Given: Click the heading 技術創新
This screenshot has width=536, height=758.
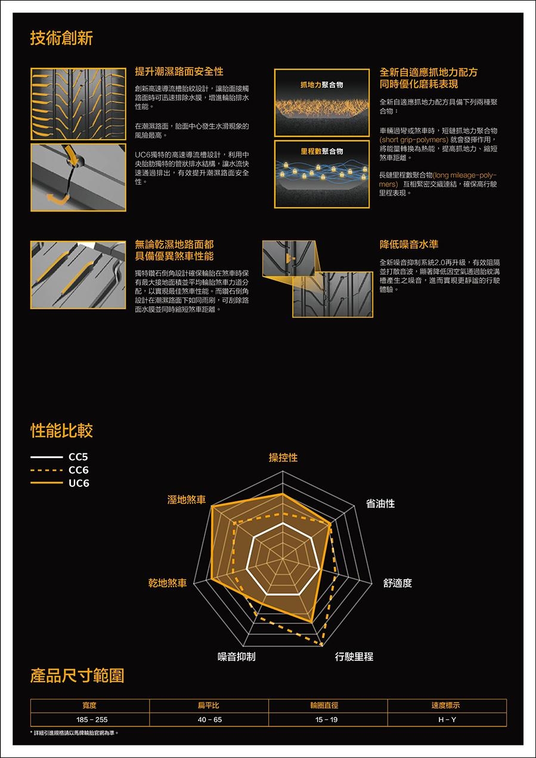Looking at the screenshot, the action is (x=61, y=38).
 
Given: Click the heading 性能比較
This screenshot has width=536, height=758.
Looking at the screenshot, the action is (x=61, y=431).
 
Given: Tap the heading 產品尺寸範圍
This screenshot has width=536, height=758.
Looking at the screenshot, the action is (x=77, y=675).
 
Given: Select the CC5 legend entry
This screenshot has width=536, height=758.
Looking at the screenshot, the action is (x=59, y=457).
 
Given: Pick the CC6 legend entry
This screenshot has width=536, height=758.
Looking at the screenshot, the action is (x=59, y=470).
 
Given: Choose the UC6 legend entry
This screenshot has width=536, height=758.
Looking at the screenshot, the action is (x=60, y=483).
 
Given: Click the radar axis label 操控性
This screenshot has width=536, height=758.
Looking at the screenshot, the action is (x=283, y=458).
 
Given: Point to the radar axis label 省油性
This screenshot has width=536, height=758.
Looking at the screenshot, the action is (x=380, y=504).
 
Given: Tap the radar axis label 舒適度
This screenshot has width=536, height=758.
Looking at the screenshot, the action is (x=398, y=583).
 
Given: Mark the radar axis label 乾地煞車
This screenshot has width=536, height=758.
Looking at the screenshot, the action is (x=168, y=582).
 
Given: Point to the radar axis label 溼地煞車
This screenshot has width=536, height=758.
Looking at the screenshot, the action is (x=186, y=499).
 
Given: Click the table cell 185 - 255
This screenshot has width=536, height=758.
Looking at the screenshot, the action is (x=89, y=719).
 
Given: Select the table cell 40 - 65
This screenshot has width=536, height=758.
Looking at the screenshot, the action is (x=209, y=719).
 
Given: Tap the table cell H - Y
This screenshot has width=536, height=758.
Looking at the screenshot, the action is (x=447, y=719).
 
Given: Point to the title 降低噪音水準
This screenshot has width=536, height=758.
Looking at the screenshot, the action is (x=408, y=244).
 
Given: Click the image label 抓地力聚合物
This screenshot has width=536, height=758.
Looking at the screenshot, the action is (x=322, y=85).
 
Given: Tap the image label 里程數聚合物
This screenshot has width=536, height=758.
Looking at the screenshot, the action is (x=322, y=151).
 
